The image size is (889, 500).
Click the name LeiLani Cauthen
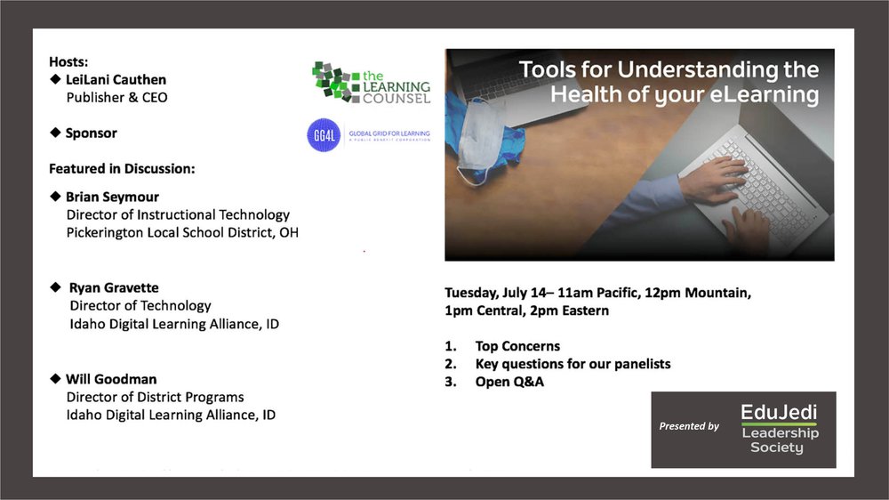(x=116, y=79)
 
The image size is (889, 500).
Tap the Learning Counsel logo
(x=372, y=83)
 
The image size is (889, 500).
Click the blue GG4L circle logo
(x=324, y=135)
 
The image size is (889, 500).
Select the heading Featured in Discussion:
(x=122, y=168)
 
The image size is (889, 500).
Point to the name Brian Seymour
(x=112, y=197)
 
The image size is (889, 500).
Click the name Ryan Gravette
(x=114, y=287)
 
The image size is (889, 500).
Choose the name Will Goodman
(x=111, y=379)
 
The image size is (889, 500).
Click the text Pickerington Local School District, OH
(x=182, y=233)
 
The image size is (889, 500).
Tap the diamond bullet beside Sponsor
(x=55, y=133)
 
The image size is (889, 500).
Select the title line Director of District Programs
(x=155, y=398)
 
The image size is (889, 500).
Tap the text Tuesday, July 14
(x=495, y=293)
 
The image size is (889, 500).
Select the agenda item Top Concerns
(x=517, y=346)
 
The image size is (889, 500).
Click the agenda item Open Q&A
(x=509, y=382)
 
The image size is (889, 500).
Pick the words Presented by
(x=689, y=426)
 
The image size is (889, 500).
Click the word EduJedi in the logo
(x=779, y=411)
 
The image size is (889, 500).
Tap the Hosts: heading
(x=68, y=62)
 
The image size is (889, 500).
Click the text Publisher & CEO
(x=116, y=98)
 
